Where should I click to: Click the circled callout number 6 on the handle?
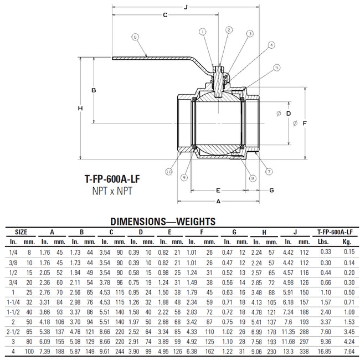tap(135, 37)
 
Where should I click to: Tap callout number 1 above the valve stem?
tap(203, 32)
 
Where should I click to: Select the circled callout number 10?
tap(168, 173)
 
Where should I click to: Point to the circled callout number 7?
tap(269, 171)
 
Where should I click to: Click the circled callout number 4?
tap(271, 45)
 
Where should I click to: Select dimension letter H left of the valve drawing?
tap(80, 108)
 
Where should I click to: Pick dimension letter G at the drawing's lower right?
tap(271, 190)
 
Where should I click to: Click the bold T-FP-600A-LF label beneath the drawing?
tap(112, 179)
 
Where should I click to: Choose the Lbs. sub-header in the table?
tap(323, 242)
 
